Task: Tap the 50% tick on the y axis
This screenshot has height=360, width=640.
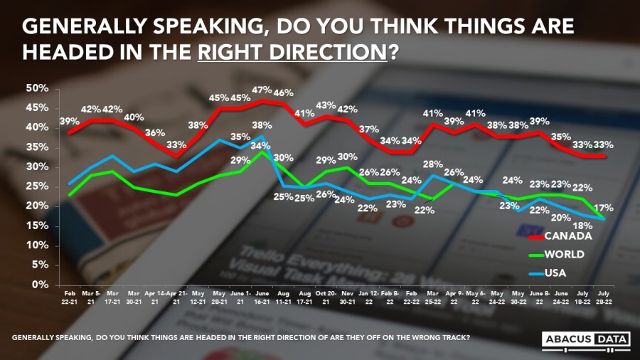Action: point(37,88)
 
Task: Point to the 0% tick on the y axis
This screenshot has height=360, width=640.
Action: point(40,285)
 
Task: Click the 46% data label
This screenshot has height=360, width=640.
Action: point(285,93)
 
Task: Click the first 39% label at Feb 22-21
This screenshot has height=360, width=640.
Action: point(69,122)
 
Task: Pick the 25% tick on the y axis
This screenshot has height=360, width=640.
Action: point(37,186)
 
